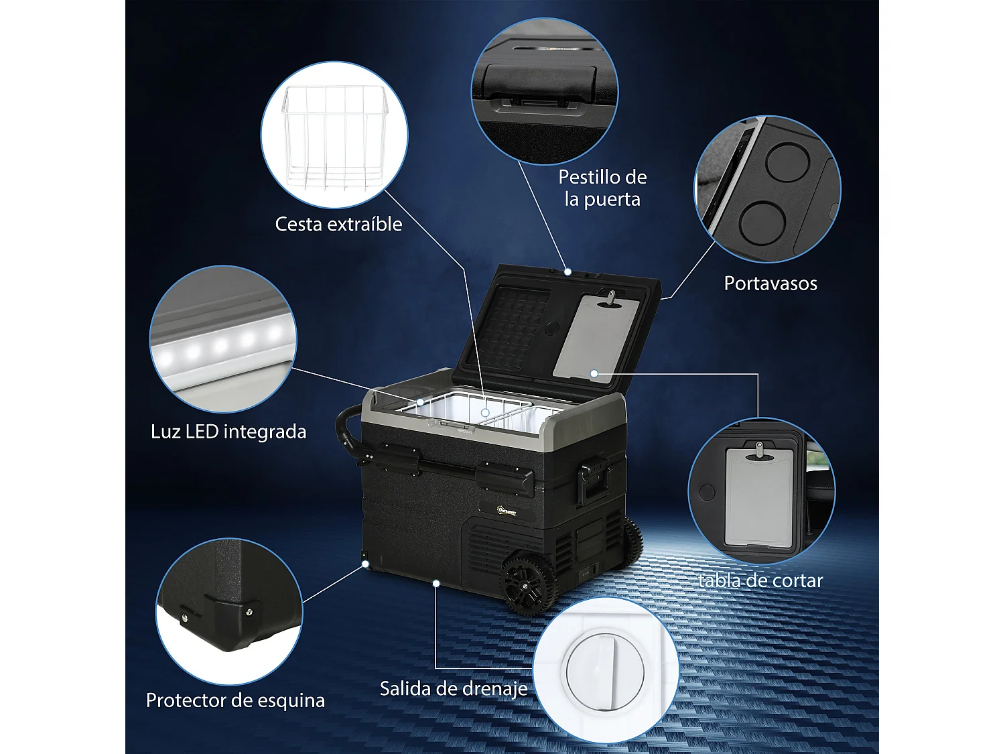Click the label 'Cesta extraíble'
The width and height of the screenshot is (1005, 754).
click(x=338, y=224)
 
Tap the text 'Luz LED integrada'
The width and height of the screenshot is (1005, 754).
click(x=228, y=432)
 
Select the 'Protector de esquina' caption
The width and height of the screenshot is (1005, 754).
click(x=235, y=700)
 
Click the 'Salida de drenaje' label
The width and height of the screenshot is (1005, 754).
click(x=454, y=688)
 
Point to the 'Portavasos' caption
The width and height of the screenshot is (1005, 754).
click(x=770, y=284)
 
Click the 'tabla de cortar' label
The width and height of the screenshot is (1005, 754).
click(x=760, y=580)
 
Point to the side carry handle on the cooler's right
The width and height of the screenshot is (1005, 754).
click(x=594, y=481)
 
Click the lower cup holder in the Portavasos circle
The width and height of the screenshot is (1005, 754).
click(x=762, y=223)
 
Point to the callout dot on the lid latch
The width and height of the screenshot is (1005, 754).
click(x=567, y=272)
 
